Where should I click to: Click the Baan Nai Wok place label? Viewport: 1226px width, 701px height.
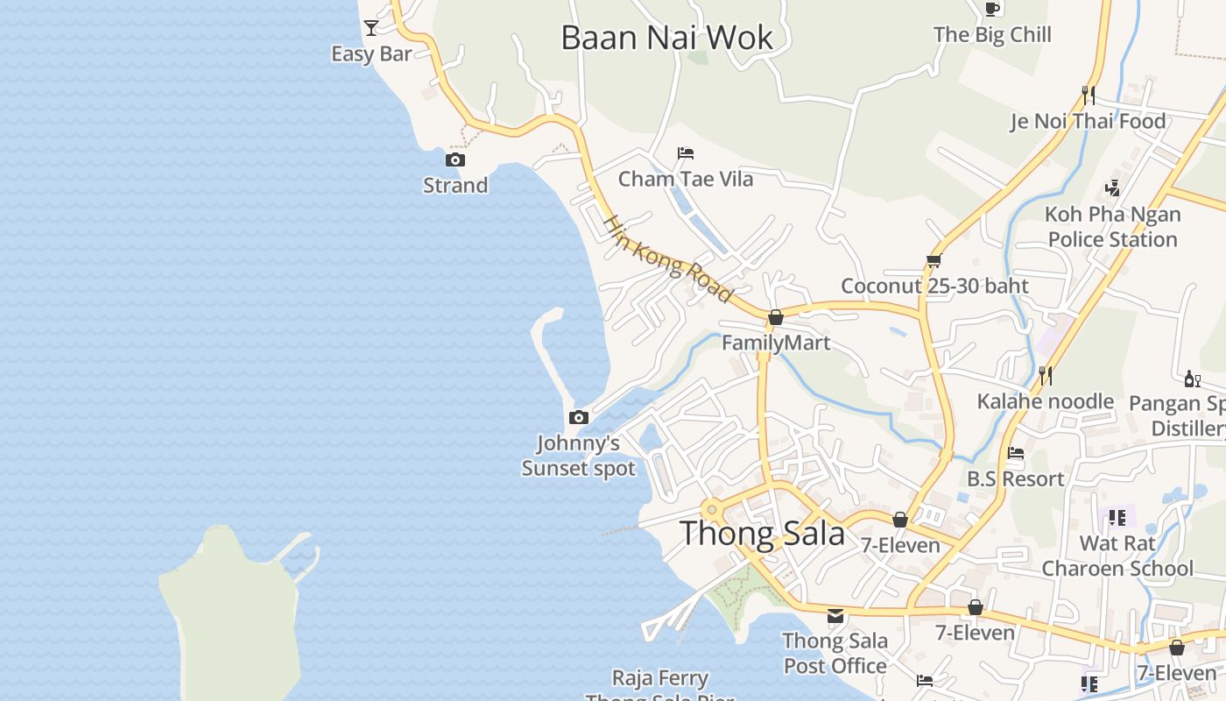click(x=666, y=38)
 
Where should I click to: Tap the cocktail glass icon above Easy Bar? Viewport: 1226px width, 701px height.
click(x=371, y=28)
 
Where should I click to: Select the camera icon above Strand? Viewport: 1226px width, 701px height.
click(x=455, y=159)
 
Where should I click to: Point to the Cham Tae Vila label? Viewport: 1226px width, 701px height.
click(x=686, y=180)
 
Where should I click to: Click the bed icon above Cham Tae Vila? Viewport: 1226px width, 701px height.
click(x=686, y=153)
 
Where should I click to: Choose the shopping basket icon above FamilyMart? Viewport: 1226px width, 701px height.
click(x=775, y=317)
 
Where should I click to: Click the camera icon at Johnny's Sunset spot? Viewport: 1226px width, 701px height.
click(x=578, y=417)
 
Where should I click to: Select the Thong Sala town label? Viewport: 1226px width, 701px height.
click(x=762, y=534)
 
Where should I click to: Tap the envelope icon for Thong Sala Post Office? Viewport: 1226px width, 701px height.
click(x=835, y=615)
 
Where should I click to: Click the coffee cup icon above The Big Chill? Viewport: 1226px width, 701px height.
click(x=991, y=9)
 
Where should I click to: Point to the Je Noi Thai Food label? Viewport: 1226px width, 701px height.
click(x=1089, y=121)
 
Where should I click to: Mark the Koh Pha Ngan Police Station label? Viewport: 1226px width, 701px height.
click(x=1112, y=227)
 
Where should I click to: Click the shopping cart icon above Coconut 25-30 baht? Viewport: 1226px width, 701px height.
click(x=934, y=260)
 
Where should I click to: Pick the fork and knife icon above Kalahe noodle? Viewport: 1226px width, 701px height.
click(x=1045, y=375)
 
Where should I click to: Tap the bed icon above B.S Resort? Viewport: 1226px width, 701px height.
click(x=1016, y=453)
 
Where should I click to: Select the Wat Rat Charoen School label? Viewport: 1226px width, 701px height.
click(x=1117, y=556)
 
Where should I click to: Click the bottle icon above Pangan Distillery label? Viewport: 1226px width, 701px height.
click(x=1192, y=379)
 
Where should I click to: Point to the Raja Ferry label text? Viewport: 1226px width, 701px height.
click(x=659, y=678)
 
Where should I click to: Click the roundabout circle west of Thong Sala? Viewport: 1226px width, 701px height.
click(x=712, y=509)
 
